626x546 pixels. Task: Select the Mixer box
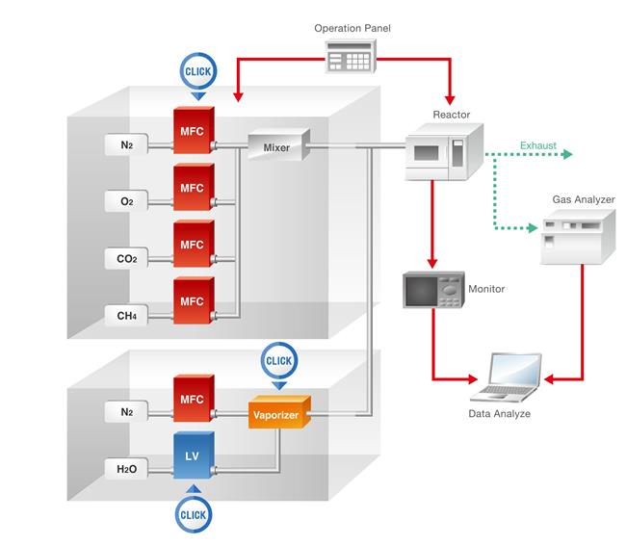(276, 147)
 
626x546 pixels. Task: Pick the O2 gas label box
(126, 201)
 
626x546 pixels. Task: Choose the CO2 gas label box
(126, 258)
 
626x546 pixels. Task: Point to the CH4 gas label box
(126, 314)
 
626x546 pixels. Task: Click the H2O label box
(126, 468)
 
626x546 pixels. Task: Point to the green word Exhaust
(537, 145)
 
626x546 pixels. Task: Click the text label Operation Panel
(352, 28)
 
